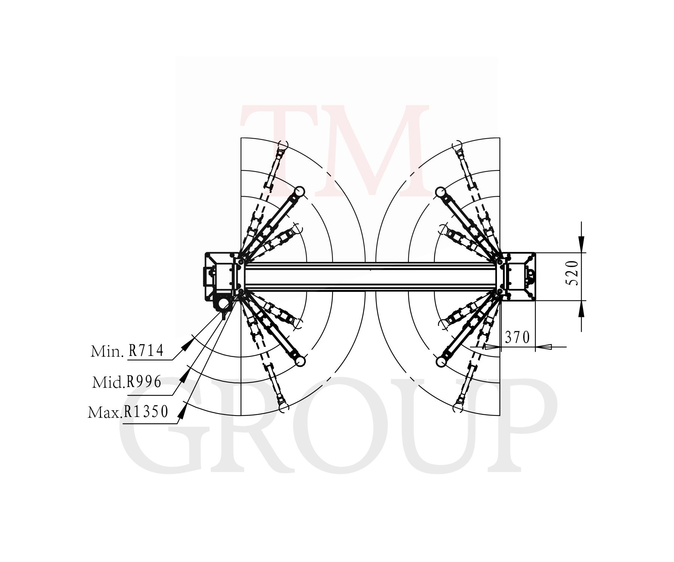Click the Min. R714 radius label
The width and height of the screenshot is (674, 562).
tap(127, 351)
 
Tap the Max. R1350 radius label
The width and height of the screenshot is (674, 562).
tap(128, 412)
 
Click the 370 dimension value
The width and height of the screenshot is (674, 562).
tap(517, 338)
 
